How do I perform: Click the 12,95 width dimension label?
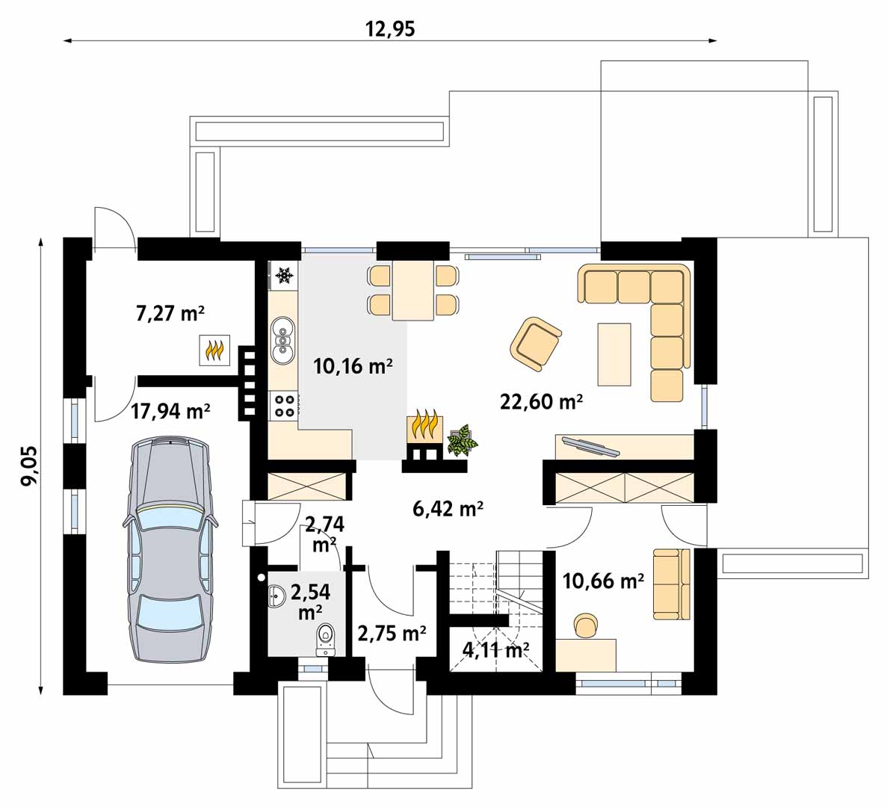389,28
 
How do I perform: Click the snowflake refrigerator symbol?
283,275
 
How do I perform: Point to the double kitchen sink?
282,340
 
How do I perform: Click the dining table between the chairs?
413,290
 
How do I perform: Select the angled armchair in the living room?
535,344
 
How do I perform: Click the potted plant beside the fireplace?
462,440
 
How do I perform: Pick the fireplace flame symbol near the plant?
424,426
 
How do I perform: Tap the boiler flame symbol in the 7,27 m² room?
214,350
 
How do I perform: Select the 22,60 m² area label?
541,401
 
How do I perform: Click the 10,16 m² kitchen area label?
353,366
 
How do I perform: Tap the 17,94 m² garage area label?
171,410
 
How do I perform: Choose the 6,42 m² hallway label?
448,508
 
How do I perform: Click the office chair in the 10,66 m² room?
586,625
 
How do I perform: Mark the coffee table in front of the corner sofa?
614,354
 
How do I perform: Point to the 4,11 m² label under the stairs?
495,649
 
